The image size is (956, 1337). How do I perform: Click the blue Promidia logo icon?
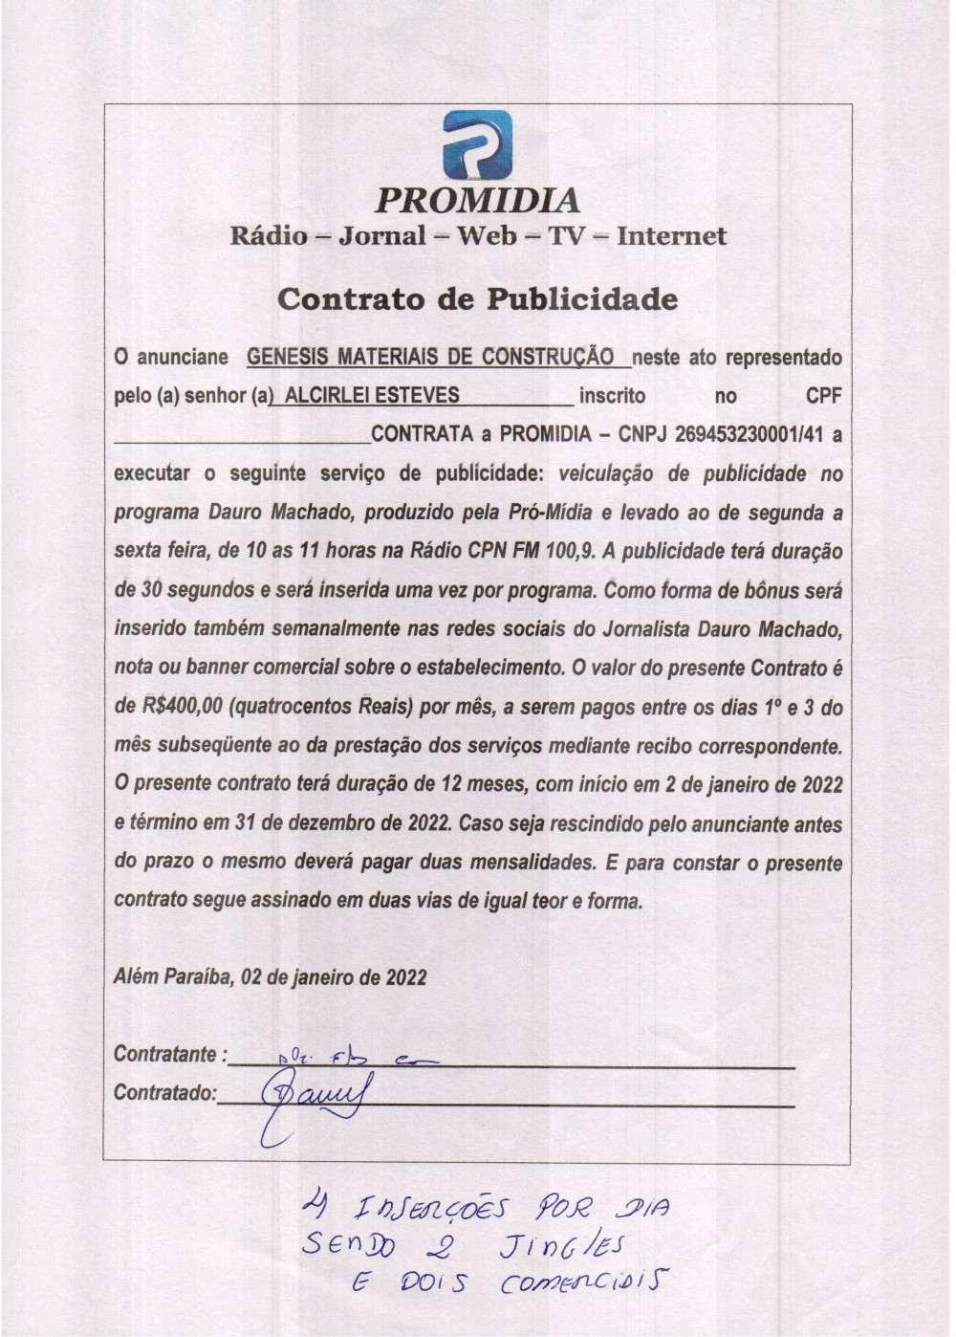pos(477,145)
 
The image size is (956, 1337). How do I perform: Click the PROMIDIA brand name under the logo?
pos(477,201)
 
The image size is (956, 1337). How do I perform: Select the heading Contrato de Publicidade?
pos(477,299)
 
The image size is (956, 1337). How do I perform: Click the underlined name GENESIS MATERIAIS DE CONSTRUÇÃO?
pos(430,358)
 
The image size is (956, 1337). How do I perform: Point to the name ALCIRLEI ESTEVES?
pos(372,396)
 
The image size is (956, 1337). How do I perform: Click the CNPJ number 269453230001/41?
pos(750,434)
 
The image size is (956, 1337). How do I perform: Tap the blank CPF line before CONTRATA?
pos(241,438)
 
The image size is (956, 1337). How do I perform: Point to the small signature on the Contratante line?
pos(354,1058)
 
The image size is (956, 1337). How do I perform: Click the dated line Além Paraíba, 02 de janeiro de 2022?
pos(270,977)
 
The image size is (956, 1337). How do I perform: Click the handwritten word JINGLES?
pos(562,1245)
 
